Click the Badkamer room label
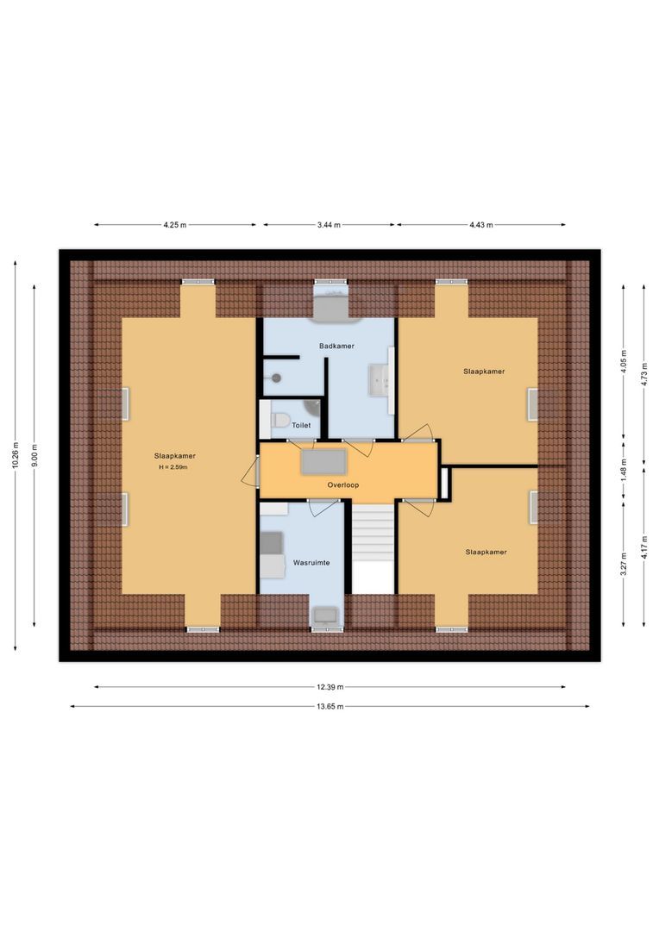pyautogui.click(x=336, y=346)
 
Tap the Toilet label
pyautogui.click(x=301, y=425)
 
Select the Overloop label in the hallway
pyautogui.click(x=342, y=485)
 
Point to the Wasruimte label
pyautogui.click(x=311, y=562)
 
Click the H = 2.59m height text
pyautogui.click(x=173, y=467)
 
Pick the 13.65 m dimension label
pyautogui.click(x=329, y=706)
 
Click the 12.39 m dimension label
pyautogui.click(x=329, y=687)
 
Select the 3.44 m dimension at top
pyautogui.click(x=328, y=225)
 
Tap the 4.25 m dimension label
pyautogui.click(x=174, y=225)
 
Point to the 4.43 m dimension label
pyautogui.click(x=480, y=225)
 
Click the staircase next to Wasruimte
pyautogui.click(x=373, y=547)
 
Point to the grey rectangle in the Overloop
pyautogui.click(x=323, y=462)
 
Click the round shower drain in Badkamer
pyautogui.click(x=277, y=378)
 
